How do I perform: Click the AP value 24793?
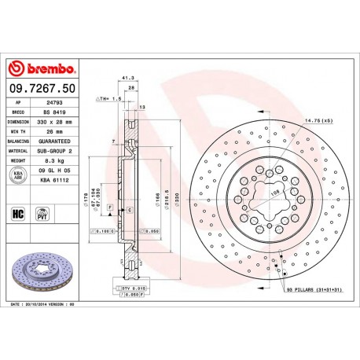[53, 102]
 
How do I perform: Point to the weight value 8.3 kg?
[53, 160]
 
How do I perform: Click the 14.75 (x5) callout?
[317, 120]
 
